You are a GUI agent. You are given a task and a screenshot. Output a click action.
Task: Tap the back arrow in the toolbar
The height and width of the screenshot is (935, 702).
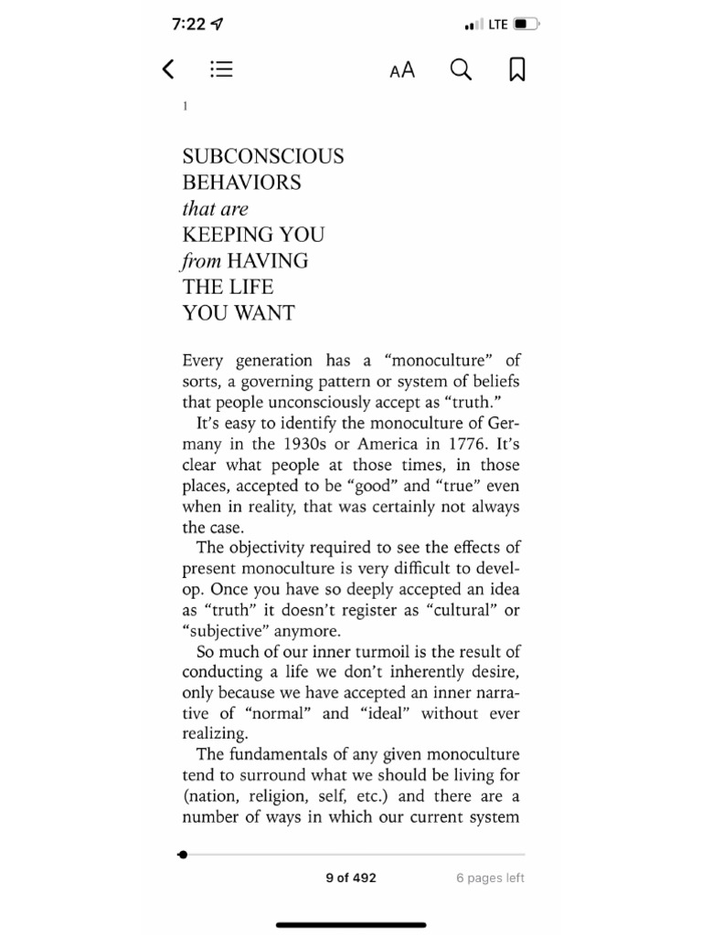pos(168,69)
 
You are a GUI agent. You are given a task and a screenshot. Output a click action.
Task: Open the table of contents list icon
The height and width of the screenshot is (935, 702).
pos(221,69)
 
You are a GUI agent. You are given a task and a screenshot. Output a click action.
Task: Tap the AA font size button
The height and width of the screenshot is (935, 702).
pos(402,70)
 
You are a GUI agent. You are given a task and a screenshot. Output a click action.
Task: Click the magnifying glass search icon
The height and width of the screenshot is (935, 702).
pos(462,70)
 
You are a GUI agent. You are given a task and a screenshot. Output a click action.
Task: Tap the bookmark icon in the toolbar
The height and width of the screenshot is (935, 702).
pos(516,70)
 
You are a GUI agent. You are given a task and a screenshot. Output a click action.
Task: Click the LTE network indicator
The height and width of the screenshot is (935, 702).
pos(497,25)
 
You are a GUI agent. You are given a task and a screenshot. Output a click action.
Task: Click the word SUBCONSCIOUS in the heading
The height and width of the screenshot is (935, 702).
pos(263,156)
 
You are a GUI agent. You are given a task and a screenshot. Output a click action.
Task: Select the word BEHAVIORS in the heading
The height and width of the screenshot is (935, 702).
pos(241,182)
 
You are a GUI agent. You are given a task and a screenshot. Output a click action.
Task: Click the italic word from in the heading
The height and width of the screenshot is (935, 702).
pos(201,261)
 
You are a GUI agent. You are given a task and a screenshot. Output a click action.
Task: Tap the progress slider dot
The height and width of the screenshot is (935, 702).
pos(184,855)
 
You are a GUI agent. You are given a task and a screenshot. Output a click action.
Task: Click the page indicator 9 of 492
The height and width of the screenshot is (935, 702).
pos(351,878)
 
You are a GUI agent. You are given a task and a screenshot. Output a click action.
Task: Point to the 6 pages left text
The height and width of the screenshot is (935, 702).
pos(490,878)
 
